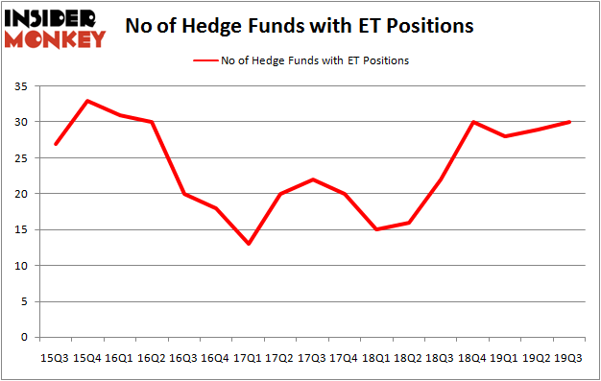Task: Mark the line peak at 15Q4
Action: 86,101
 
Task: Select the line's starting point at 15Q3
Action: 54,144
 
